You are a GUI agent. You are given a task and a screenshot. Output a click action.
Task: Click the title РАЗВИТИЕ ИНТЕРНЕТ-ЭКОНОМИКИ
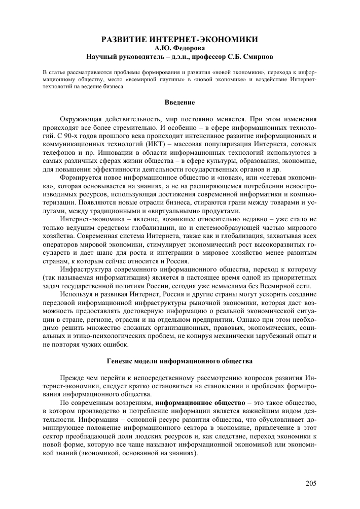tap(180, 39)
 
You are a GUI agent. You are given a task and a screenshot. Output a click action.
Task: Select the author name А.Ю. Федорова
tap(180, 47)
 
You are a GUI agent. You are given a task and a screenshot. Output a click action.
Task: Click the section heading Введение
tap(180, 102)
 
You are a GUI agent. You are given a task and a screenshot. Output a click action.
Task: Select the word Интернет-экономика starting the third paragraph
tap(91, 219)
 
